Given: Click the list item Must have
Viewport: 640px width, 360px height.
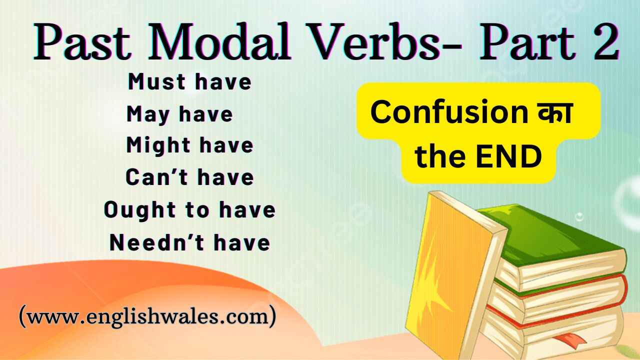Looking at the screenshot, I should point(189,82).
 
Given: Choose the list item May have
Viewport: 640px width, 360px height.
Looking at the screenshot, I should point(180,114).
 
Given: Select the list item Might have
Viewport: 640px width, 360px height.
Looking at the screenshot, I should point(189,145).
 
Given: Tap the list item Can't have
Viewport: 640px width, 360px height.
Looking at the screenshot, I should point(189,177).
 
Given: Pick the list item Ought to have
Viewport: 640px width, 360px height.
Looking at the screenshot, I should point(189,210).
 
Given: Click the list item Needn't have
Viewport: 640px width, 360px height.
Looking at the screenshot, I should point(189,242).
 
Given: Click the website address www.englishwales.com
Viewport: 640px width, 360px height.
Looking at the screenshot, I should point(147,317).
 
